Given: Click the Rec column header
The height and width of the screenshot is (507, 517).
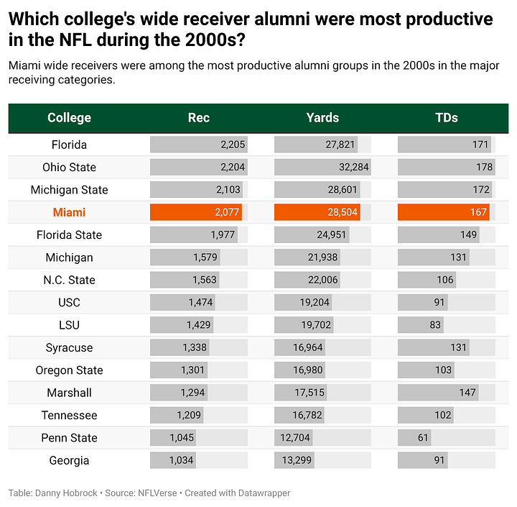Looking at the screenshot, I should [x=199, y=118].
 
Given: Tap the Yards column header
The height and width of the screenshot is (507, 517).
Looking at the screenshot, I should [x=322, y=118].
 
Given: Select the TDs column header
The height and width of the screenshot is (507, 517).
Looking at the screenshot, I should [x=446, y=118].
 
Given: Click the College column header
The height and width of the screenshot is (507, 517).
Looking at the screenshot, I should [x=69, y=118].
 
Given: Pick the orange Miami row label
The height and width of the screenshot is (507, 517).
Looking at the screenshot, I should [x=69, y=212].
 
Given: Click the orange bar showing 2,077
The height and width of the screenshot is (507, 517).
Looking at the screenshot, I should [x=196, y=212].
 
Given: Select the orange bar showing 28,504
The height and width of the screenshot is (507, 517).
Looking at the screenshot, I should [x=320, y=212].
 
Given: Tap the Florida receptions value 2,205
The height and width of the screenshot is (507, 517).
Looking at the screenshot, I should [x=233, y=145].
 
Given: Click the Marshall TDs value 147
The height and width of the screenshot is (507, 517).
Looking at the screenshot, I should [x=468, y=393].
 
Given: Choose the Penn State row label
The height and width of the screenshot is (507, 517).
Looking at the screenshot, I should [x=69, y=438].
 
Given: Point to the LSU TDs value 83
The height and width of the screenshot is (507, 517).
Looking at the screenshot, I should [x=435, y=325].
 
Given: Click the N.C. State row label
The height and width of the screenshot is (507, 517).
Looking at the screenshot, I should [x=69, y=280].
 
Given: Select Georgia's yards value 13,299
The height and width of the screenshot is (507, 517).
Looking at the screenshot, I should [x=297, y=460].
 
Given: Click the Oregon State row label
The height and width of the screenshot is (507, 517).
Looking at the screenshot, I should [x=69, y=370].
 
